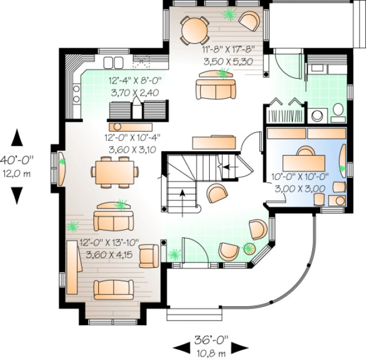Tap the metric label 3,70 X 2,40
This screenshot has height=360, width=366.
[x=134, y=93]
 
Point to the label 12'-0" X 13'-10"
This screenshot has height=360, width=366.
[x=109, y=242]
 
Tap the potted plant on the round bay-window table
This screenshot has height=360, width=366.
[x=248, y=249]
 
